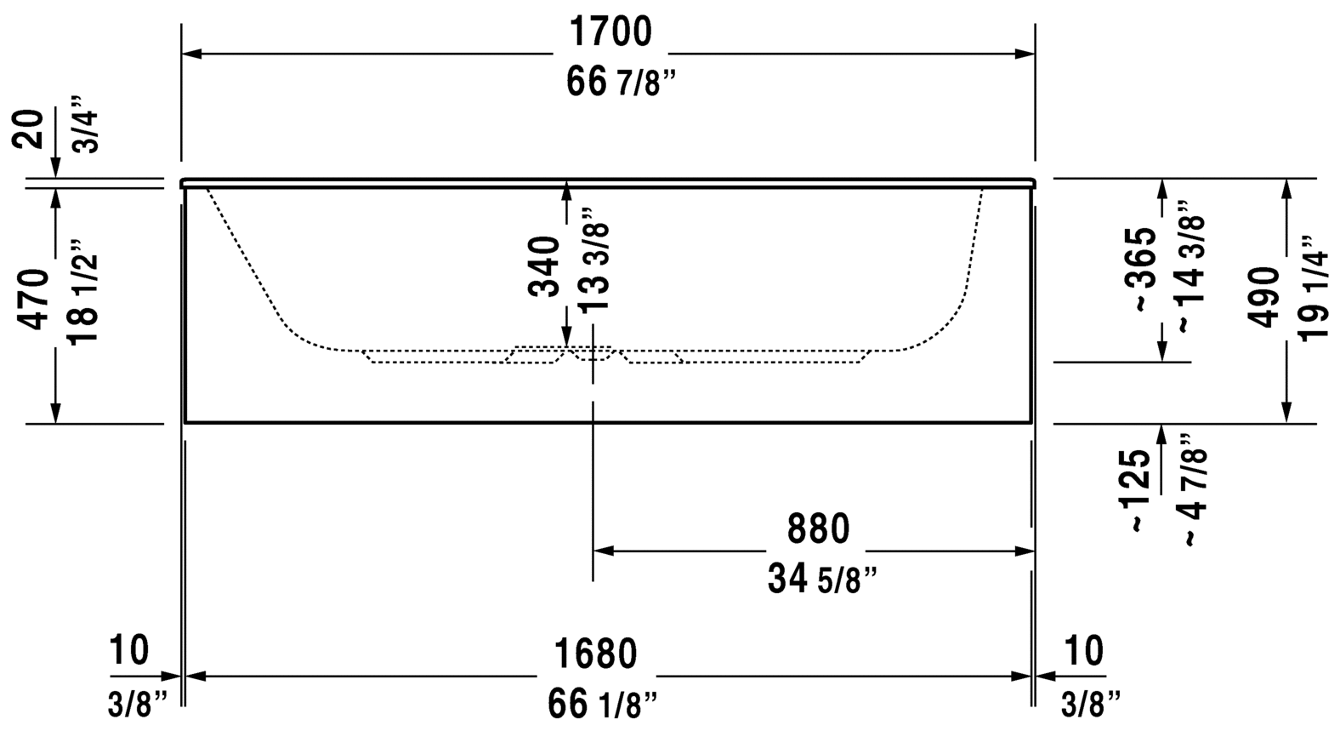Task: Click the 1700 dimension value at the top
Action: point(610,31)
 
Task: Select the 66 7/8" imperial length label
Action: point(621,82)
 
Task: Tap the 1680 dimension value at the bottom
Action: point(596,654)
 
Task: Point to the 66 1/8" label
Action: point(603,704)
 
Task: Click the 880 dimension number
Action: point(818,528)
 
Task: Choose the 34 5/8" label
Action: point(823,579)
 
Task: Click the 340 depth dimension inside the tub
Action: point(544,266)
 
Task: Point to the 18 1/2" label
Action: point(82,293)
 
